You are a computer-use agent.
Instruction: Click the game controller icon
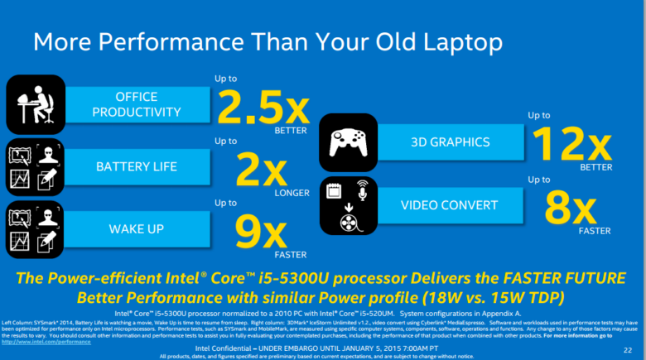[349, 142]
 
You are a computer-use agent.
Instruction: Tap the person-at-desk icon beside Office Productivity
[35, 104]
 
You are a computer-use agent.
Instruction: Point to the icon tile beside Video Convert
[349, 204]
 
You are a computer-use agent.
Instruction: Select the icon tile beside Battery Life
[35, 167]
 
